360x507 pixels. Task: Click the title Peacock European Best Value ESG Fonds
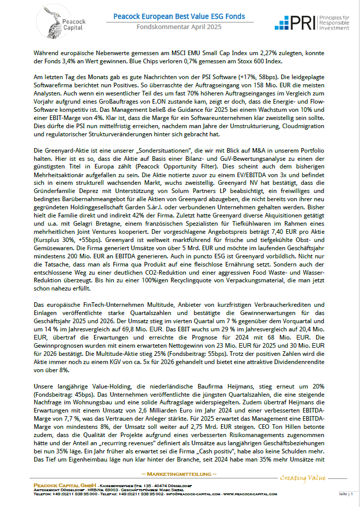(179, 17)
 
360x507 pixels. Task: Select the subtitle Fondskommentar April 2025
(179, 27)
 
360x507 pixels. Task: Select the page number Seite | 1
(346, 494)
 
